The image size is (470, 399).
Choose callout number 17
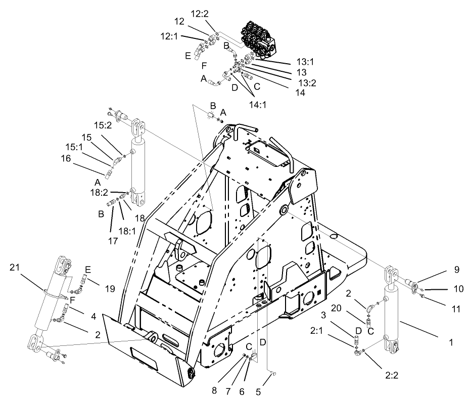click(x=113, y=241)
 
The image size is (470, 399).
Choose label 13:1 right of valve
click(x=306, y=62)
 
